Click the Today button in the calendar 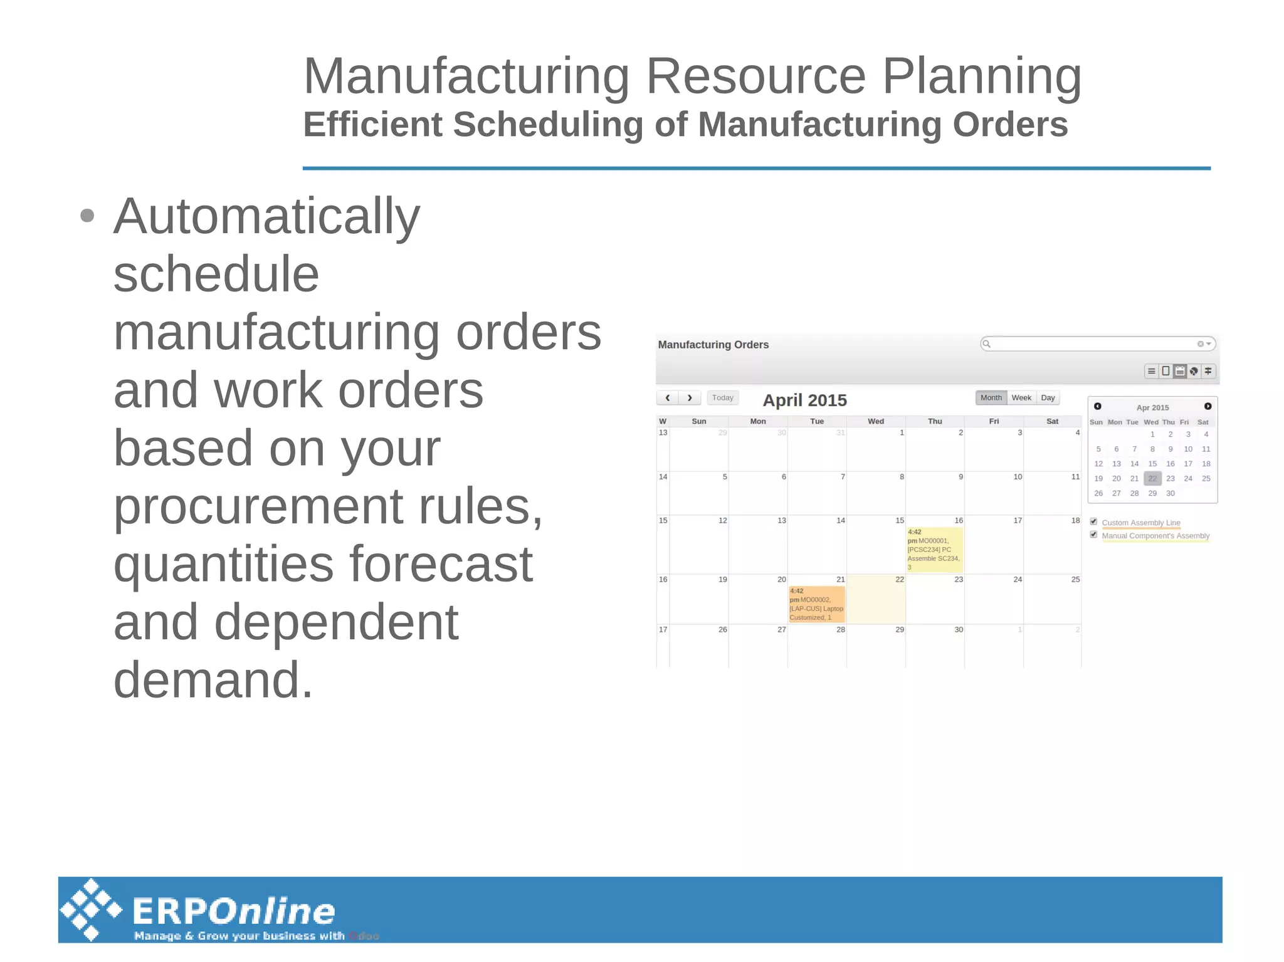click(722, 398)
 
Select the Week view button click(1021, 398)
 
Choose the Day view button click(1048, 398)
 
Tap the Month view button click(991, 398)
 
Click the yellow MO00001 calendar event click(934, 550)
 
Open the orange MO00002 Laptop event click(816, 604)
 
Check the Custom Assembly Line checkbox click(1093, 521)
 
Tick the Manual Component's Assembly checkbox click(1093, 535)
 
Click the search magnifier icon click(986, 343)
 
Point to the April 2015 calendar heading click(804, 400)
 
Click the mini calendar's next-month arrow click(1208, 406)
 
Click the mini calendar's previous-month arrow click(1098, 406)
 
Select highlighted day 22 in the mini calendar click(1152, 478)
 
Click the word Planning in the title click(982, 76)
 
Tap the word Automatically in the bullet click(266, 216)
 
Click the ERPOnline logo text click(234, 911)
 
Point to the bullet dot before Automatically click(87, 216)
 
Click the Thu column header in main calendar click(935, 421)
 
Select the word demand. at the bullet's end click(213, 680)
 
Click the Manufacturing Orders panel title click(713, 345)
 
